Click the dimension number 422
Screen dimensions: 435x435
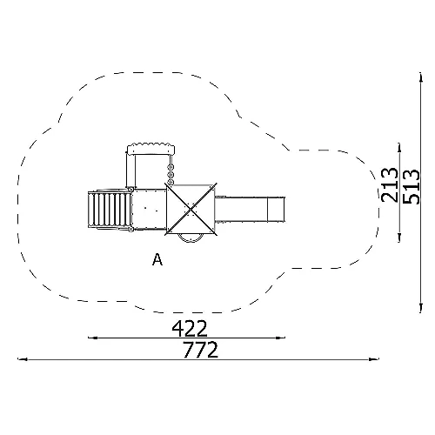pos(190,328)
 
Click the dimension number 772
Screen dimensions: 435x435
pos(200,350)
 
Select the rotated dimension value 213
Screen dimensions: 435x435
pos(390,184)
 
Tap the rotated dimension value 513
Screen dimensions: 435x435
pos(412,186)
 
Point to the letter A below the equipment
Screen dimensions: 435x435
pos(157,259)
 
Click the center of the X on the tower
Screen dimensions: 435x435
pos(191,209)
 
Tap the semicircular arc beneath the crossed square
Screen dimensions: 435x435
pos(191,239)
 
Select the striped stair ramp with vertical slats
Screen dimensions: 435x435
pos(110,210)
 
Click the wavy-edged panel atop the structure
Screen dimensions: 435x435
pos(151,149)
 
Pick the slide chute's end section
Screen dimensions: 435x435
pos(276,209)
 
